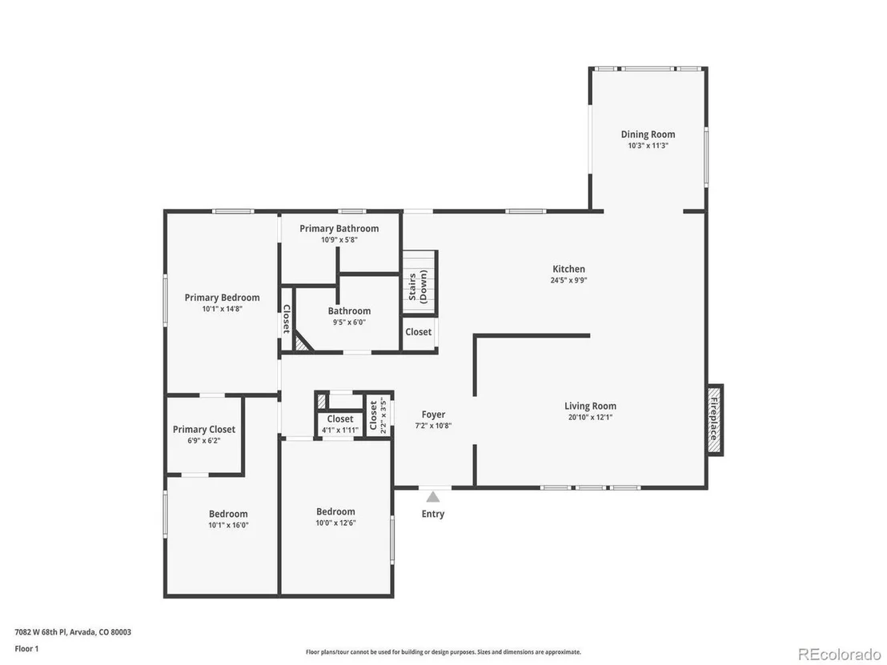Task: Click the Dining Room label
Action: (648, 134)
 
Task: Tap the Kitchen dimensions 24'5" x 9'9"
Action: (568, 280)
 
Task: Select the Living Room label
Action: (590, 406)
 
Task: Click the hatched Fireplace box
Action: (715, 419)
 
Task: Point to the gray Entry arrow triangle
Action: (433, 496)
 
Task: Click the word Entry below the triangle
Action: (433, 514)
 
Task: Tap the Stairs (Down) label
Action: (418, 286)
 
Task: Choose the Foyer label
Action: (433, 415)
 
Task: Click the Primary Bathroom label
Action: (339, 228)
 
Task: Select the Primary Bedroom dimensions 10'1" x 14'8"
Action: (223, 309)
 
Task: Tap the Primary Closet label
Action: (203, 429)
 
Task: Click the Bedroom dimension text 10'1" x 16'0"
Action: (228, 525)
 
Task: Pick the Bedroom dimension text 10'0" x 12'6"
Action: (335, 523)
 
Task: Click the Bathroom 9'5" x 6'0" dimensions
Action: (349, 322)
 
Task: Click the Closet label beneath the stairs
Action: (418, 332)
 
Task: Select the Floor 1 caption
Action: (26, 649)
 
